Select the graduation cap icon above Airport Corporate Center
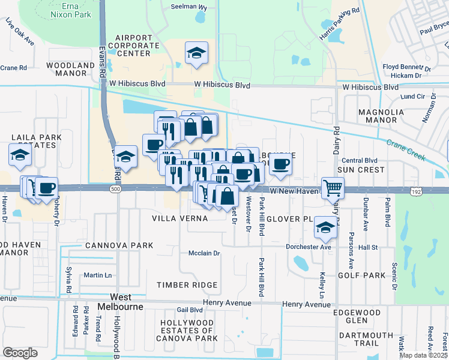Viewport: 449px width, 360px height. (196, 53)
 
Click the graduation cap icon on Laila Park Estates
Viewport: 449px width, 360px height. (20, 155)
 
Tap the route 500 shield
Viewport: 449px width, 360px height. (113, 189)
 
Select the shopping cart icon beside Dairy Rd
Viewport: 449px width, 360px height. (332, 188)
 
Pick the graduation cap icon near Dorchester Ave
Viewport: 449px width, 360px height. (325, 227)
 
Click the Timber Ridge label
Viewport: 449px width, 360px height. (187, 284)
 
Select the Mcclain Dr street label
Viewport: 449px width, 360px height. (205, 253)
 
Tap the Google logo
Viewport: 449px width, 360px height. (20, 352)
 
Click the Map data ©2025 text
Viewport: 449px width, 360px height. (423, 355)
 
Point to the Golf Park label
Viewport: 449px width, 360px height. (361, 275)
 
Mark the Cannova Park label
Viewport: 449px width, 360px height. (119, 246)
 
